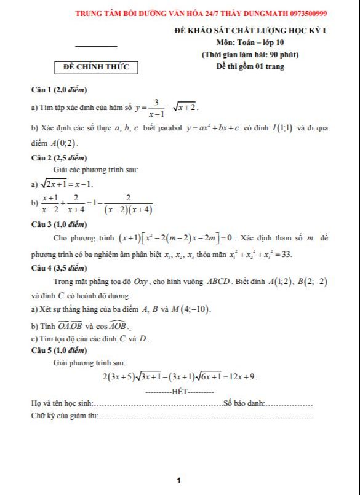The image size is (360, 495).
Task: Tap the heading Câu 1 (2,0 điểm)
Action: click(59, 90)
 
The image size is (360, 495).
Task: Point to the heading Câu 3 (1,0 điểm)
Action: click(59, 224)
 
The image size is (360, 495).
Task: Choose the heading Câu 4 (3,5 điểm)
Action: click(59, 269)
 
